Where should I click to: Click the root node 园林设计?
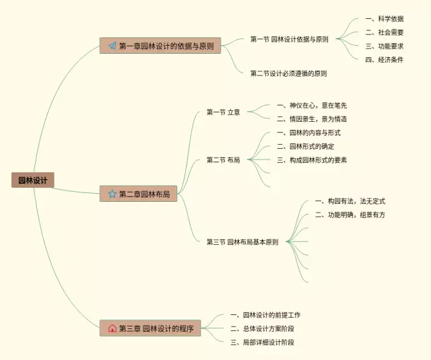pyautogui.click(x=32, y=180)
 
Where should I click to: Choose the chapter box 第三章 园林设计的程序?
pyautogui.click(x=150, y=328)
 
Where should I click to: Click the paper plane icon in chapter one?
pyautogui.click(x=112, y=46)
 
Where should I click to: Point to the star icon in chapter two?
pyautogui.click(x=112, y=194)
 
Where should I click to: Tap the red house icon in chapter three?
pyautogui.click(x=112, y=328)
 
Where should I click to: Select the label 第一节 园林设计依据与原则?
pyautogui.click(x=289, y=39)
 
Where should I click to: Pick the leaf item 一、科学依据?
pyautogui.click(x=384, y=18)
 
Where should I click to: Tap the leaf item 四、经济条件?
pyautogui.click(x=384, y=59)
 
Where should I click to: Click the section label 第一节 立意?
pyautogui.click(x=223, y=112)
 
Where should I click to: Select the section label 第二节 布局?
pyautogui.click(x=223, y=159)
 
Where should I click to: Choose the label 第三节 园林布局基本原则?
pyautogui.click(x=242, y=242)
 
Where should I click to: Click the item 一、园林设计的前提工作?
pyautogui.click(x=265, y=315)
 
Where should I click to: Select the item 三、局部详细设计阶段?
pyautogui.click(x=262, y=342)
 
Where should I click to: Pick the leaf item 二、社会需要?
pyautogui.click(x=384, y=32)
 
